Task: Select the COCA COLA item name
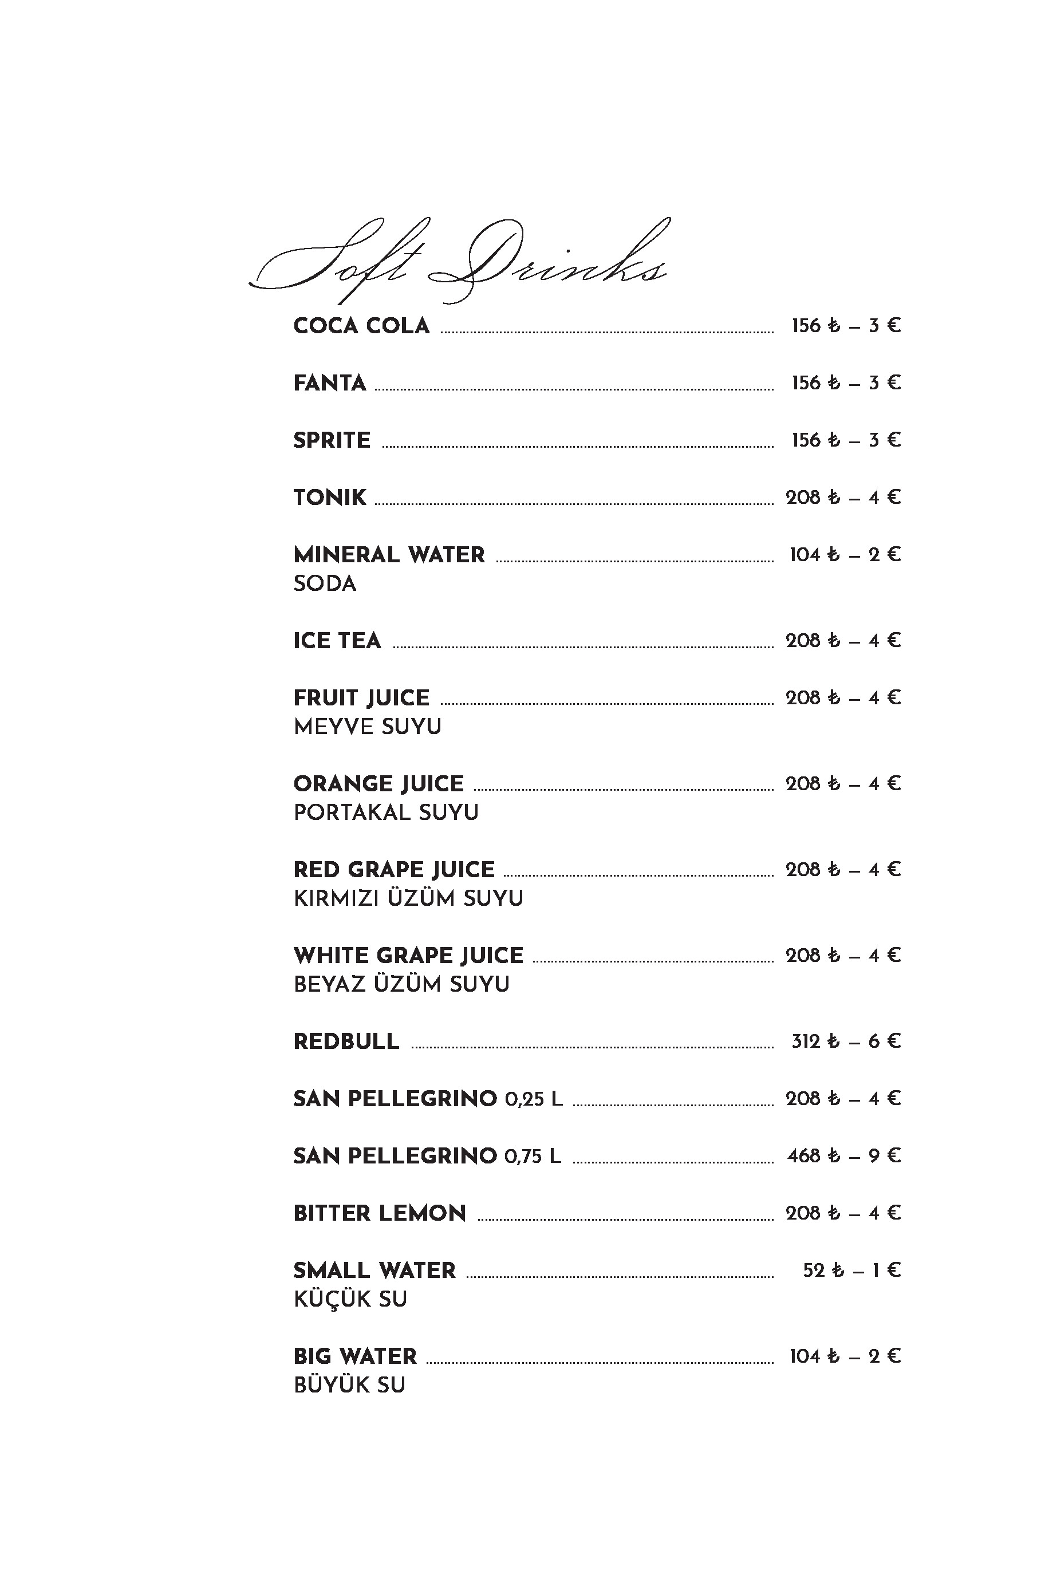click(361, 326)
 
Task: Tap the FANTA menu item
click(329, 383)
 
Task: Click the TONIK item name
click(329, 497)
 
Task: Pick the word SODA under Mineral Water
click(325, 583)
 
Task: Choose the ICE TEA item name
click(337, 641)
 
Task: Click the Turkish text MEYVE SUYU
click(367, 727)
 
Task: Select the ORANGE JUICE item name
click(378, 784)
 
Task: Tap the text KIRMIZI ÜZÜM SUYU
click(408, 898)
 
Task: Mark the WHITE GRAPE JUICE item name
click(408, 956)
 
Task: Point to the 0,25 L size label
click(534, 1099)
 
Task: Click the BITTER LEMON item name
click(379, 1213)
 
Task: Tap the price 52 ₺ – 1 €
click(851, 1271)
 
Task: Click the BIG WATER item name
click(354, 1356)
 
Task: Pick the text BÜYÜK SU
click(349, 1385)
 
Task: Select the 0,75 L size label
click(533, 1157)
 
